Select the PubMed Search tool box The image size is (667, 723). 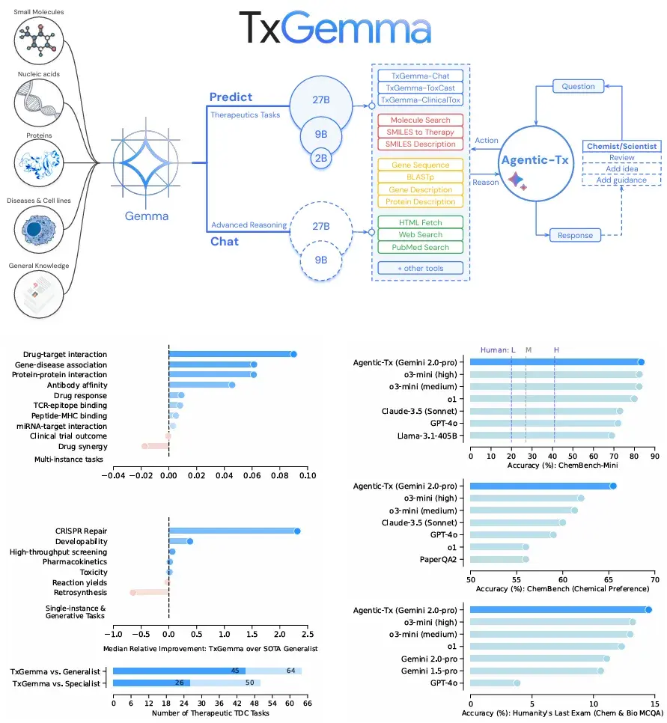pos(421,248)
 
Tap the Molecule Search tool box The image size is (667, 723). pos(421,120)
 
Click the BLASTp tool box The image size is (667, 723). pos(421,177)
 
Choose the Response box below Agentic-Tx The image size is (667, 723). pos(575,235)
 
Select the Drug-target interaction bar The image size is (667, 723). pos(231,354)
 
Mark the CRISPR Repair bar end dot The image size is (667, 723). pos(297,531)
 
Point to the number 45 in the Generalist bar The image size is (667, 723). pos(234,671)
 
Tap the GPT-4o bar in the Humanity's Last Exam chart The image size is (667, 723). pos(493,683)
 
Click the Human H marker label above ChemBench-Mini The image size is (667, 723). pos(555,350)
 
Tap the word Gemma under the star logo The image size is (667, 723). pos(147,217)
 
